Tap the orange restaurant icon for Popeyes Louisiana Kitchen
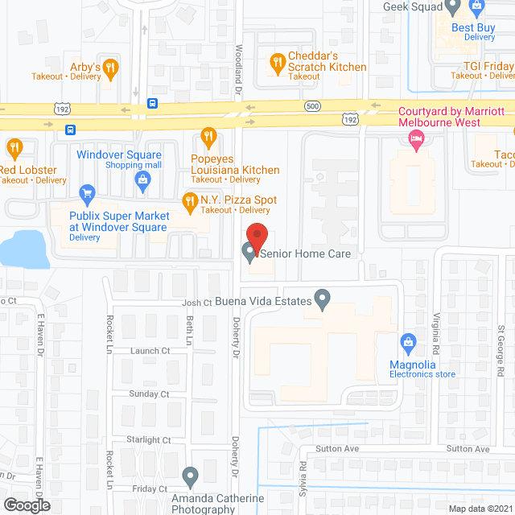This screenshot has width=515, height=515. (x=209, y=138)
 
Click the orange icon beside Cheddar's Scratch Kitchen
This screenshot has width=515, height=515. (x=277, y=61)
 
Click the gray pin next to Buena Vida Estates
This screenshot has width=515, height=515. (x=322, y=301)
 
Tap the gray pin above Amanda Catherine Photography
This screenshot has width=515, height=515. (x=190, y=477)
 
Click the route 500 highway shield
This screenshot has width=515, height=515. (x=312, y=106)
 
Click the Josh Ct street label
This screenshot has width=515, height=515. (x=196, y=303)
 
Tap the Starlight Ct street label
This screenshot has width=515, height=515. (x=150, y=440)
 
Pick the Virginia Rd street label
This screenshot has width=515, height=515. (x=437, y=334)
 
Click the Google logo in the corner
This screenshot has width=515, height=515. (x=26, y=505)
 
